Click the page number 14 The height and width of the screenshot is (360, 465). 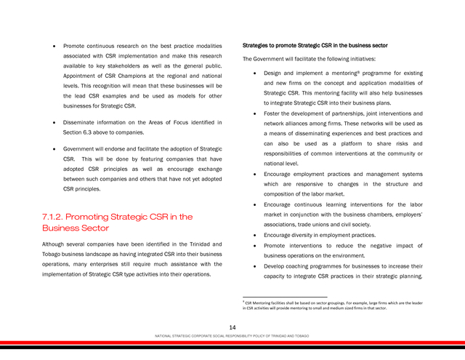(x=232, y=329)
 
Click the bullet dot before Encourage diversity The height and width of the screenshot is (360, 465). (x=252, y=236)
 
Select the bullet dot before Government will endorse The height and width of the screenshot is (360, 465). (x=55, y=149)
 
